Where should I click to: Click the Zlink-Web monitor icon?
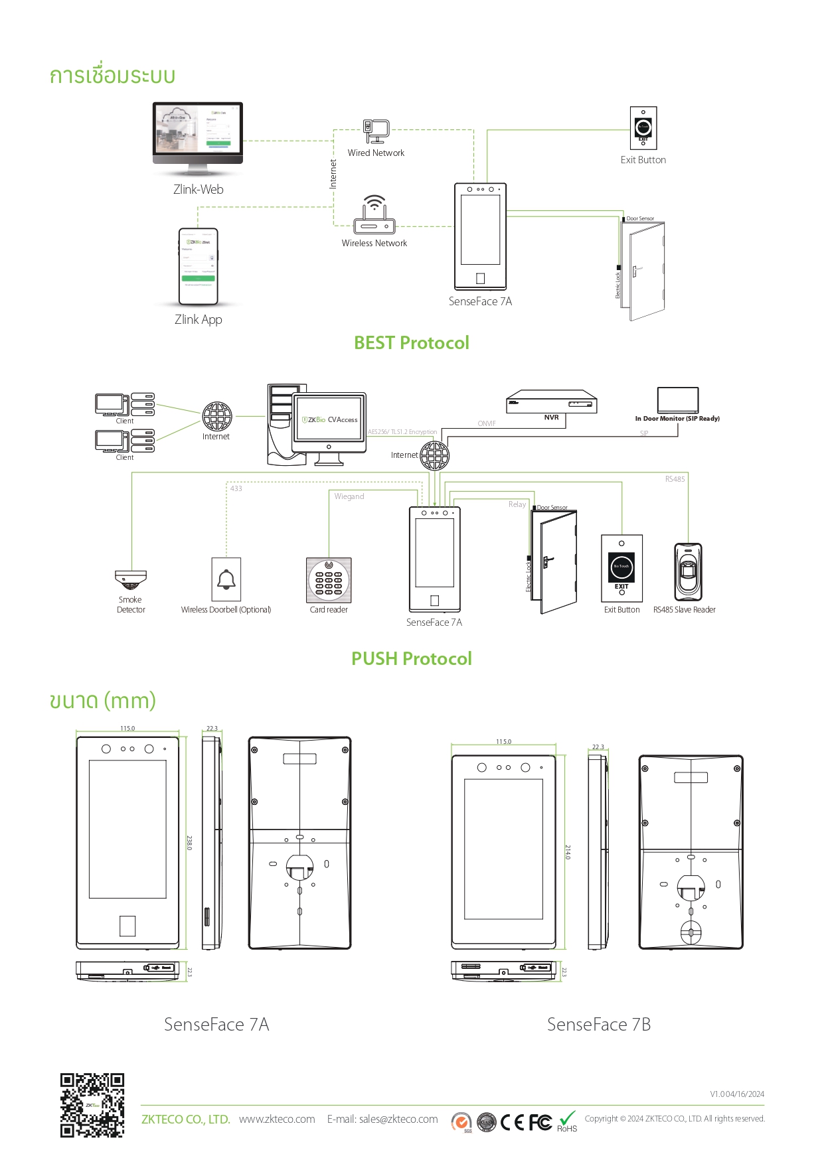(x=198, y=133)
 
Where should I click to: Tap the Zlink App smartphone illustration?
(x=198, y=266)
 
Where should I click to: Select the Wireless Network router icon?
(x=374, y=216)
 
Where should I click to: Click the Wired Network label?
(x=376, y=153)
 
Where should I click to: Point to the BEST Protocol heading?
(x=411, y=343)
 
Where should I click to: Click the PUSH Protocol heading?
(x=411, y=659)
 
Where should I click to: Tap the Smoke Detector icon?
(x=130, y=580)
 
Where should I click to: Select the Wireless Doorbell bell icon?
(x=226, y=579)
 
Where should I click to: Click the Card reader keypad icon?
(x=329, y=579)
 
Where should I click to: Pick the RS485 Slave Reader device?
(x=688, y=571)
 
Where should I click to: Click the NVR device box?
(x=551, y=402)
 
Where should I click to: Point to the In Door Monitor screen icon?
(x=678, y=400)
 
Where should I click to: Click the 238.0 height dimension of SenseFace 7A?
(x=189, y=843)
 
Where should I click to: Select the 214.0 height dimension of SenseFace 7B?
(x=568, y=852)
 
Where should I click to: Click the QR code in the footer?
(x=92, y=1105)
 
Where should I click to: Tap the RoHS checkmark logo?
(x=567, y=1120)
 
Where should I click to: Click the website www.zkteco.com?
(x=277, y=1120)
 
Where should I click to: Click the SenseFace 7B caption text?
(x=598, y=1025)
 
